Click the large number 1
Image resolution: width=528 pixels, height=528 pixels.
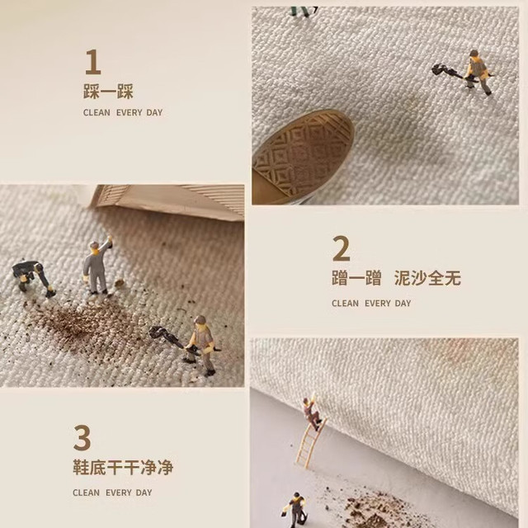tap(93, 62)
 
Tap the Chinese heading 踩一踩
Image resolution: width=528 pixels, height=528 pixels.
tap(108, 92)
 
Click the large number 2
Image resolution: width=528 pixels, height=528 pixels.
tap(341, 248)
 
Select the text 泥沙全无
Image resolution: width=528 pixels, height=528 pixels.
tap(427, 278)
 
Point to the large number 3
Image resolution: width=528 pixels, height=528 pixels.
tap(82, 437)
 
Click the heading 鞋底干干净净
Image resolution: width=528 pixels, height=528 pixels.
tap(123, 468)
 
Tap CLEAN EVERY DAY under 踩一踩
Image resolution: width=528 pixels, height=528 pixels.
tap(123, 112)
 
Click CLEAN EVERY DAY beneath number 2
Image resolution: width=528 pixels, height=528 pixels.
tap(371, 304)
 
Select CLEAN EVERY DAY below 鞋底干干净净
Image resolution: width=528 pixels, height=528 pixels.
tap(112, 493)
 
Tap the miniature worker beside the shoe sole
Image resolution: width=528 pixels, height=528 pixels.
tap(477, 72)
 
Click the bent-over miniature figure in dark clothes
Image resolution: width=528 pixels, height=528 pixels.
tap(33, 277)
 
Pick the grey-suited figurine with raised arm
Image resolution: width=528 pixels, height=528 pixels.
tap(97, 266)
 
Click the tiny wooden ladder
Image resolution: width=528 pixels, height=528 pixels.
tap(311, 442)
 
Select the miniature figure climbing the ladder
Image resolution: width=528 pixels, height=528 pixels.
tap(313, 412)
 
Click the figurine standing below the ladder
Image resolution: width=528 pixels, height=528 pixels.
tap(295, 510)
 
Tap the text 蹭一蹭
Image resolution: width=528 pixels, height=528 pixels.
tap(356, 278)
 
